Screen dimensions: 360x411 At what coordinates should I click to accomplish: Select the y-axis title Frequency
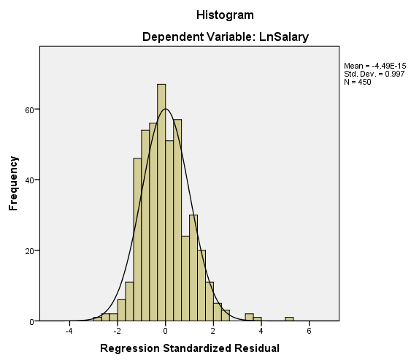[13, 183]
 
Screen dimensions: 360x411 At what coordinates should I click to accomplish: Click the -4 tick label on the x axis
[69, 331]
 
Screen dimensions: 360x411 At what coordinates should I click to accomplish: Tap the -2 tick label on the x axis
[117, 331]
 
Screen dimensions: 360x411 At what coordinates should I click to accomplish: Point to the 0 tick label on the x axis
[166, 331]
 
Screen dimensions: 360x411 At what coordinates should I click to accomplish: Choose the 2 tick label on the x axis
[213, 331]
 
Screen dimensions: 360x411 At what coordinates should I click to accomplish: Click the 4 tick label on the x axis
[261, 331]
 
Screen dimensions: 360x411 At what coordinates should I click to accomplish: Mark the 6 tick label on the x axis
[310, 331]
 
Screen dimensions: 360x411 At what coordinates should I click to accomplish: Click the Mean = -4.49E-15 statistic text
[374, 66]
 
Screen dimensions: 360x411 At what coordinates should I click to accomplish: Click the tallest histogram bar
[161, 204]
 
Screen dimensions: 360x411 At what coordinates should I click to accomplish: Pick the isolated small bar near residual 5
[289, 319]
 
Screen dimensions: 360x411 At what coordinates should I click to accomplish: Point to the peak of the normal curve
[166, 110]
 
